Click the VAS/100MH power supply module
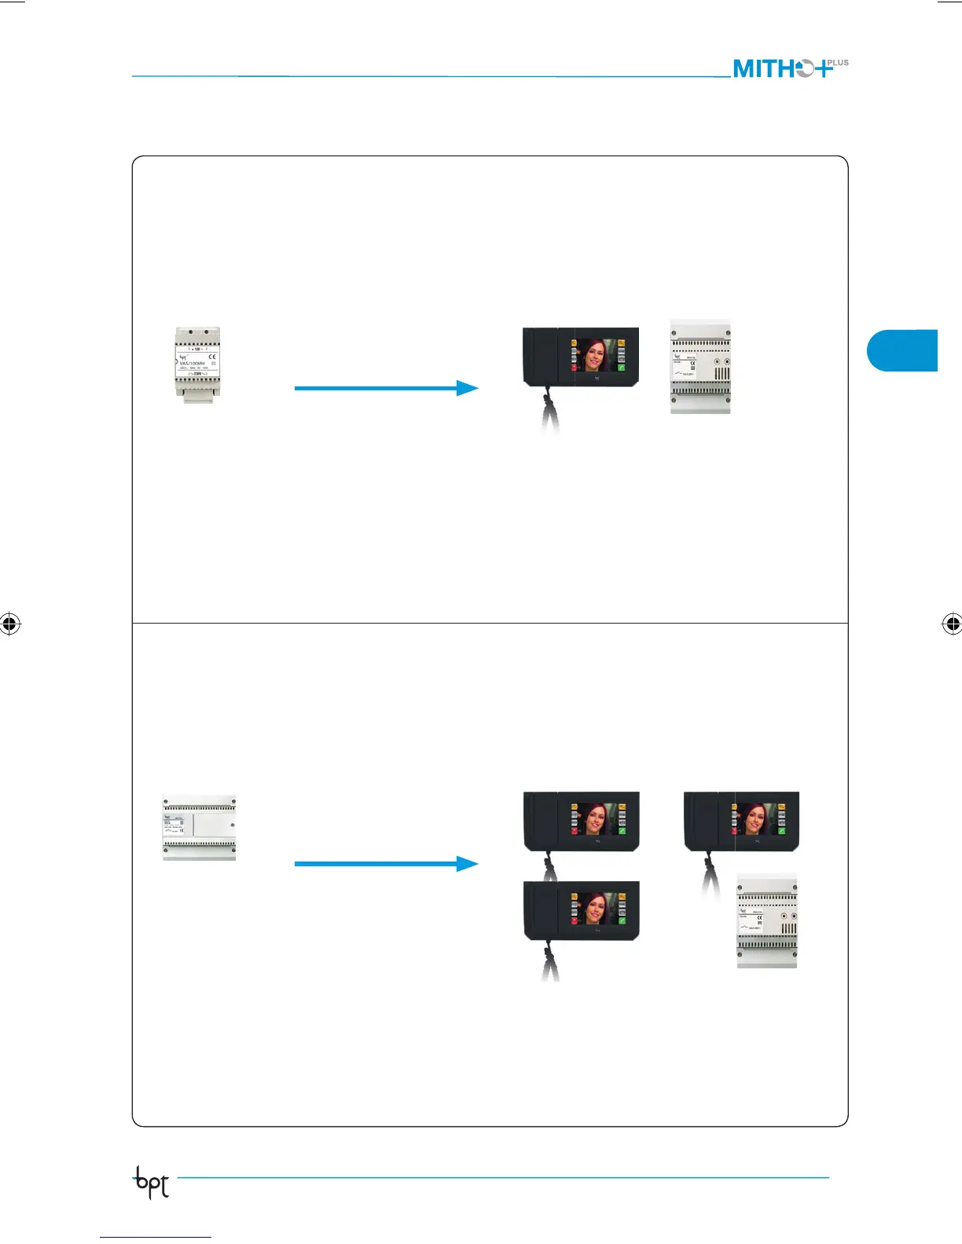coord(196,364)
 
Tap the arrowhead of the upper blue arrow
coord(468,388)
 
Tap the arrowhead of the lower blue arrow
coord(468,864)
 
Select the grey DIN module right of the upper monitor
coord(700,368)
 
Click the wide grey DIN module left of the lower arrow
coord(200,827)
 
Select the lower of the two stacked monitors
coord(582,911)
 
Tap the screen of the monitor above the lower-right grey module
coord(757,818)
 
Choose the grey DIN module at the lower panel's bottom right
coord(767,920)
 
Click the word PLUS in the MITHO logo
coord(838,63)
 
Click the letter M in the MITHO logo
coord(744,69)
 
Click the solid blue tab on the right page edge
coord(903,350)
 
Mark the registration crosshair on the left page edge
coord(9,624)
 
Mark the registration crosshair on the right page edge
coord(952,624)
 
